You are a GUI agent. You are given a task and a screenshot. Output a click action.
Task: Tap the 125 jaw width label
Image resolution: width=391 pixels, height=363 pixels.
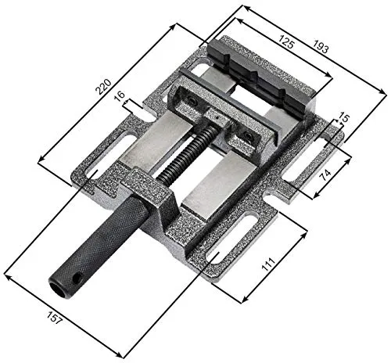pos(287,45)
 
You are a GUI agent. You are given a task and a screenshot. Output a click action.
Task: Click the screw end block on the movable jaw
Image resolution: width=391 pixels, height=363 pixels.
pos(220,118)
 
